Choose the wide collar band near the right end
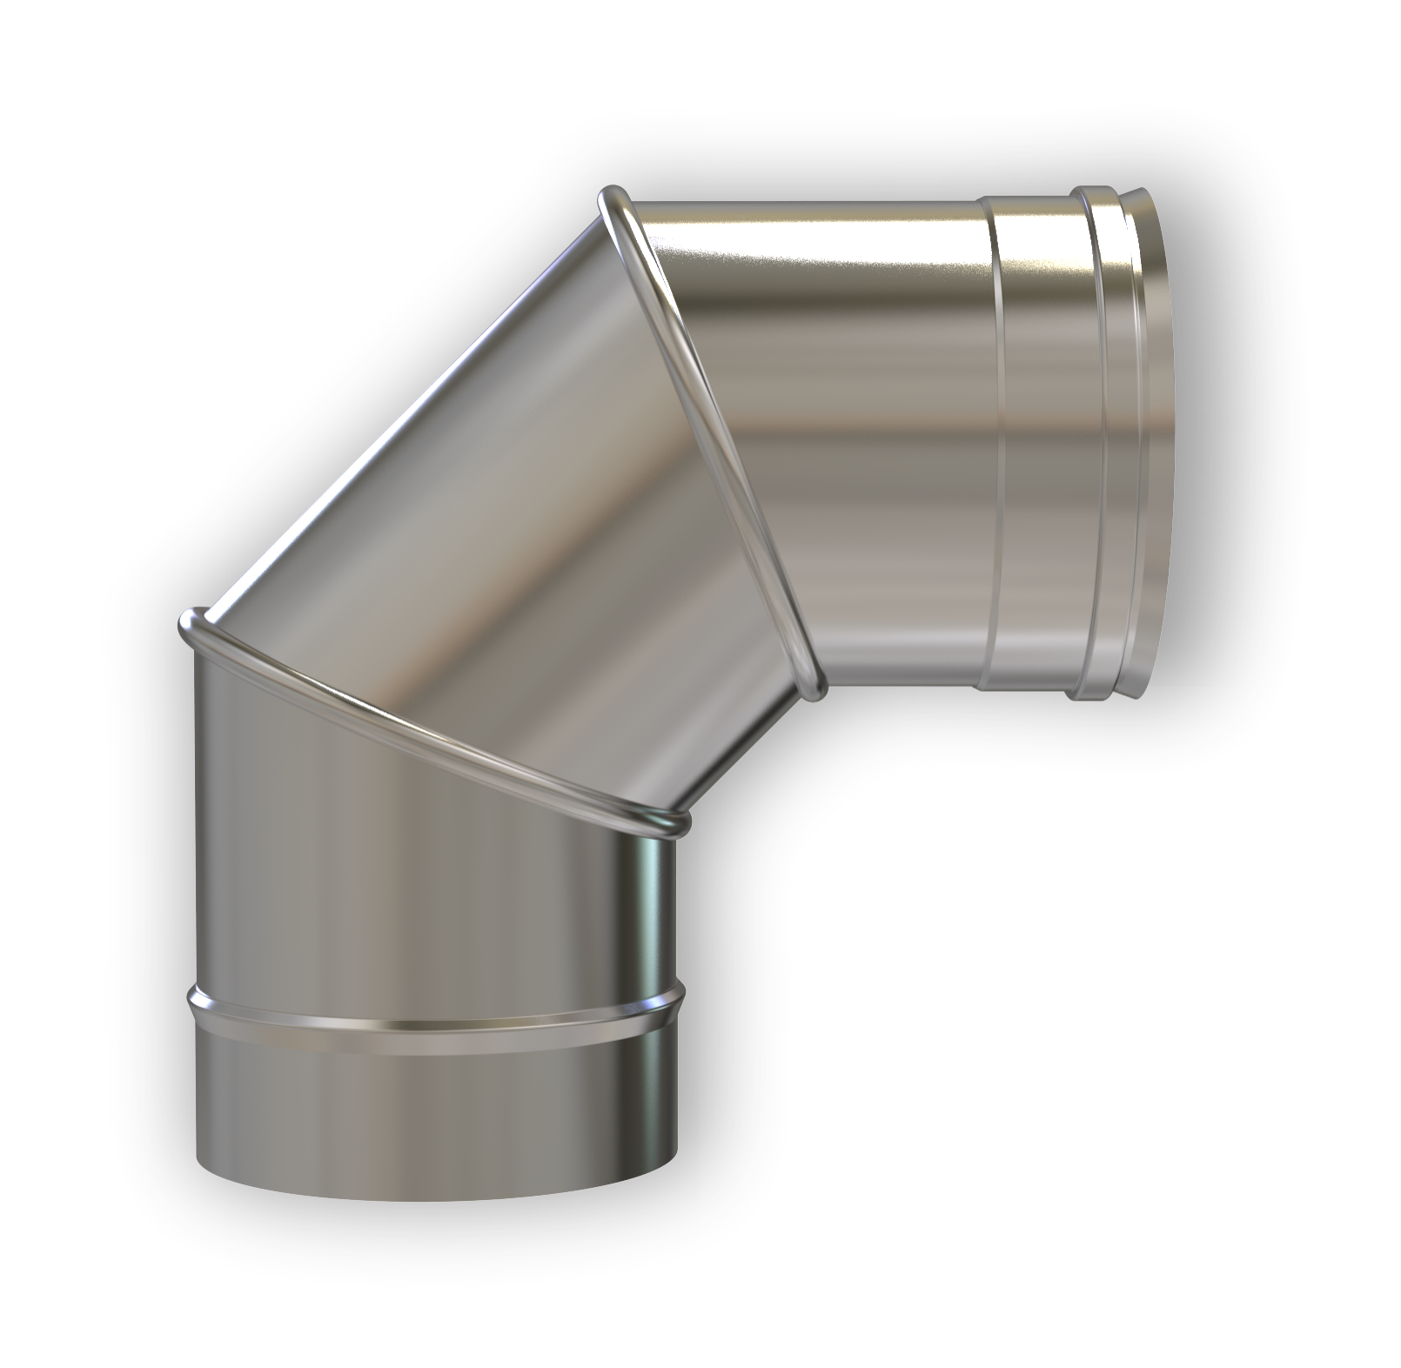(x=1044, y=435)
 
